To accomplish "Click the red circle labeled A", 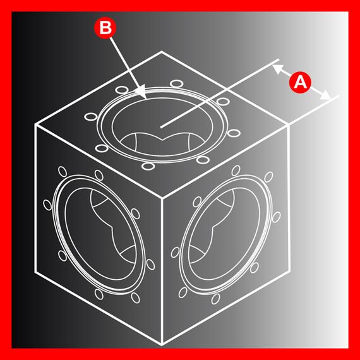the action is point(300,82).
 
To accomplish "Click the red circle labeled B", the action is point(105,28).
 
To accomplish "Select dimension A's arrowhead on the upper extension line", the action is point(277,69).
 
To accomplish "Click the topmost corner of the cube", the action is point(162,52).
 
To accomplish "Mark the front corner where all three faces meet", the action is point(162,198).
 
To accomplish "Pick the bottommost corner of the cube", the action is point(162,345).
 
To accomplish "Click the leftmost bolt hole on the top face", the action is point(91,117).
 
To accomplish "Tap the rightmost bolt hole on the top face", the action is point(234,133).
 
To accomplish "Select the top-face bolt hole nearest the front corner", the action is point(148,165).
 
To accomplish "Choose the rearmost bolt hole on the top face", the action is point(177,83).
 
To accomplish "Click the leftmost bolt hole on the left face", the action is point(47,205).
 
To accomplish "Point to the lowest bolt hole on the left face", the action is point(135,297).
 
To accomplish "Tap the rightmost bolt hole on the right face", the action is point(276,217).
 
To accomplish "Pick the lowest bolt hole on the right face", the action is point(215,299).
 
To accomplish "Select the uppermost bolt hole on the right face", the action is point(236,171).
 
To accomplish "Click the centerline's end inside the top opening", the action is point(161,127).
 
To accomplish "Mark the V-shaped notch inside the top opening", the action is point(162,139).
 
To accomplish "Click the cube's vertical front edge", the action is point(162,271).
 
